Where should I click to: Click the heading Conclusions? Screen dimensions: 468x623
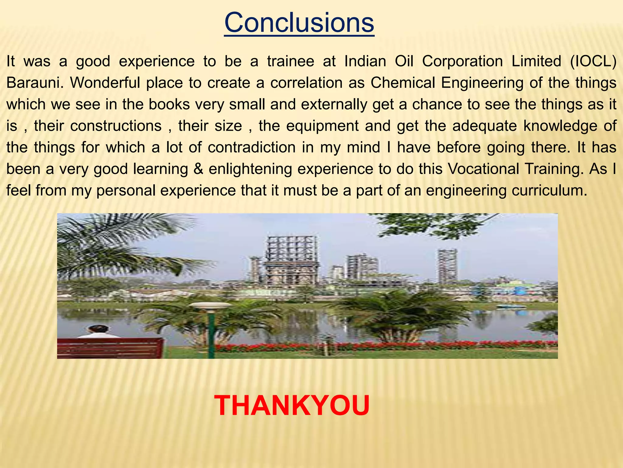point(299,23)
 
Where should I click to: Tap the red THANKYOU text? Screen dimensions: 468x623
point(292,406)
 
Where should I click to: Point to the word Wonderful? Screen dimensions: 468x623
point(105,83)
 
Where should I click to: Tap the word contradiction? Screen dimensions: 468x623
point(252,147)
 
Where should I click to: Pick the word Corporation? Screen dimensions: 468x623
point(462,61)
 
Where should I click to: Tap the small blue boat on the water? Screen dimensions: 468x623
point(511,307)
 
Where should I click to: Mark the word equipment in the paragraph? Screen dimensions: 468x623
point(322,126)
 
